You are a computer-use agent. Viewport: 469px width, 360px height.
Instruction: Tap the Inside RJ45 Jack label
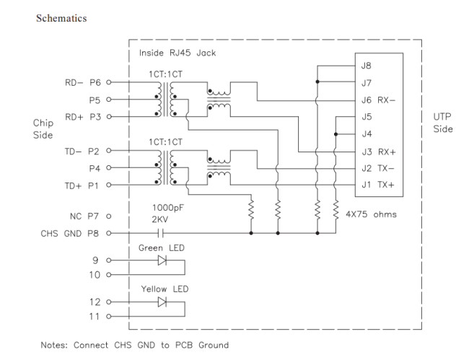[177, 53]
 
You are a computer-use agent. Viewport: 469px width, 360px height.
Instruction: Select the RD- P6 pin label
[83, 82]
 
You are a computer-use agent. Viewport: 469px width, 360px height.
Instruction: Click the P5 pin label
[95, 100]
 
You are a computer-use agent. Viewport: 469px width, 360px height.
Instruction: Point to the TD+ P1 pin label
[83, 186]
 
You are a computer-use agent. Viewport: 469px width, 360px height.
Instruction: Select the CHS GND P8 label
[71, 233]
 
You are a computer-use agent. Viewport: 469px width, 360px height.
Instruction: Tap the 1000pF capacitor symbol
[161, 233]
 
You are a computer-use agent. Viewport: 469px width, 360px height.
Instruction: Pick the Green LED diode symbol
[162, 260]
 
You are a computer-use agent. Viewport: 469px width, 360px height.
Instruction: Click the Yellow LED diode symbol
[162, 303]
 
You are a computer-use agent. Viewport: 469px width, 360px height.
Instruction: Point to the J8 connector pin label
[367, 66]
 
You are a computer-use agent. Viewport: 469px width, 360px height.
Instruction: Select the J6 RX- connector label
[377, 100]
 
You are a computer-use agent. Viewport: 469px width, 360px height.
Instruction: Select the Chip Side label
[43, 128]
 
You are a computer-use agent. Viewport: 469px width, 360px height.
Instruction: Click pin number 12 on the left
[95, 302]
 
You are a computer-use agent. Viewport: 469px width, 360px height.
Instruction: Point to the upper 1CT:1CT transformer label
[165, 73]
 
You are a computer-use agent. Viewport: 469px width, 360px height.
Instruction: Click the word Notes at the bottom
[53, 344]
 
